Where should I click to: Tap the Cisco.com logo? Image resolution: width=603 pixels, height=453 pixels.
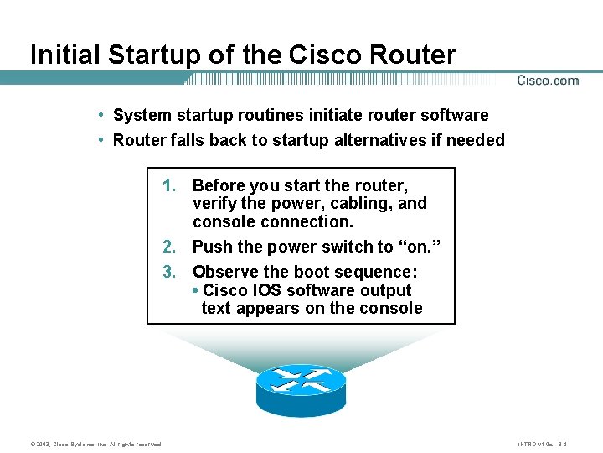[x=548, y=81]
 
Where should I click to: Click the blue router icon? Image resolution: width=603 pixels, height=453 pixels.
[x=301, y=388]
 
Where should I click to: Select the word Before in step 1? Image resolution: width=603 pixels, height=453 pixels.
[x=220, y=185]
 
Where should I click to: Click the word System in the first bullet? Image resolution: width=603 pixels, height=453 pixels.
[x=140, y=115]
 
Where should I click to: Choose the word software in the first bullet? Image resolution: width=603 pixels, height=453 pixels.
[x=454, y=115]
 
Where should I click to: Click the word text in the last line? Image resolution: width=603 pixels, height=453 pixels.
[x=216, y=308]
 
